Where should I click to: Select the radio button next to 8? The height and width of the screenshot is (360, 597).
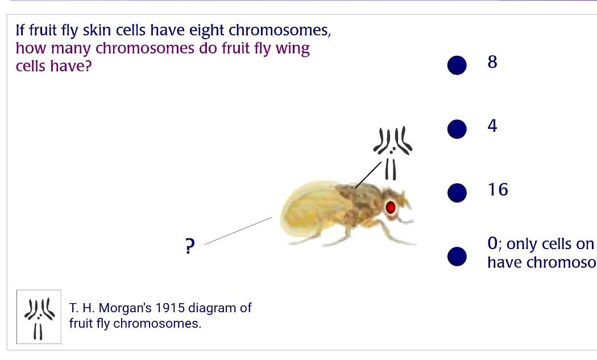pos(457,65)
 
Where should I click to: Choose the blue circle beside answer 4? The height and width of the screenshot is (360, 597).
pos(457,129)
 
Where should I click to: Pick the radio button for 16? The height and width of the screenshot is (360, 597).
pos(457,193)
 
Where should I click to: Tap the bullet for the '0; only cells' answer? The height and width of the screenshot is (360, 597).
pos(457,256)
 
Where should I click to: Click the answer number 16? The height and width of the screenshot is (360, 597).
pos(498,189)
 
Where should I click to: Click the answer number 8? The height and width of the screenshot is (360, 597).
pos(492,62)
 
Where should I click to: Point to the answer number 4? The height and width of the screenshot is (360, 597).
pos(492,126)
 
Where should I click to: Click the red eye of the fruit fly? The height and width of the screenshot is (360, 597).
pos(391,207)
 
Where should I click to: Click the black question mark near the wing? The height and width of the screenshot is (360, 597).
pos(190,247)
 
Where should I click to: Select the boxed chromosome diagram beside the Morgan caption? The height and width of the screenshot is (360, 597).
pos(39,317)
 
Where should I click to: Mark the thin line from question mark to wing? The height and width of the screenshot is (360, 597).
pos(238,230)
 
